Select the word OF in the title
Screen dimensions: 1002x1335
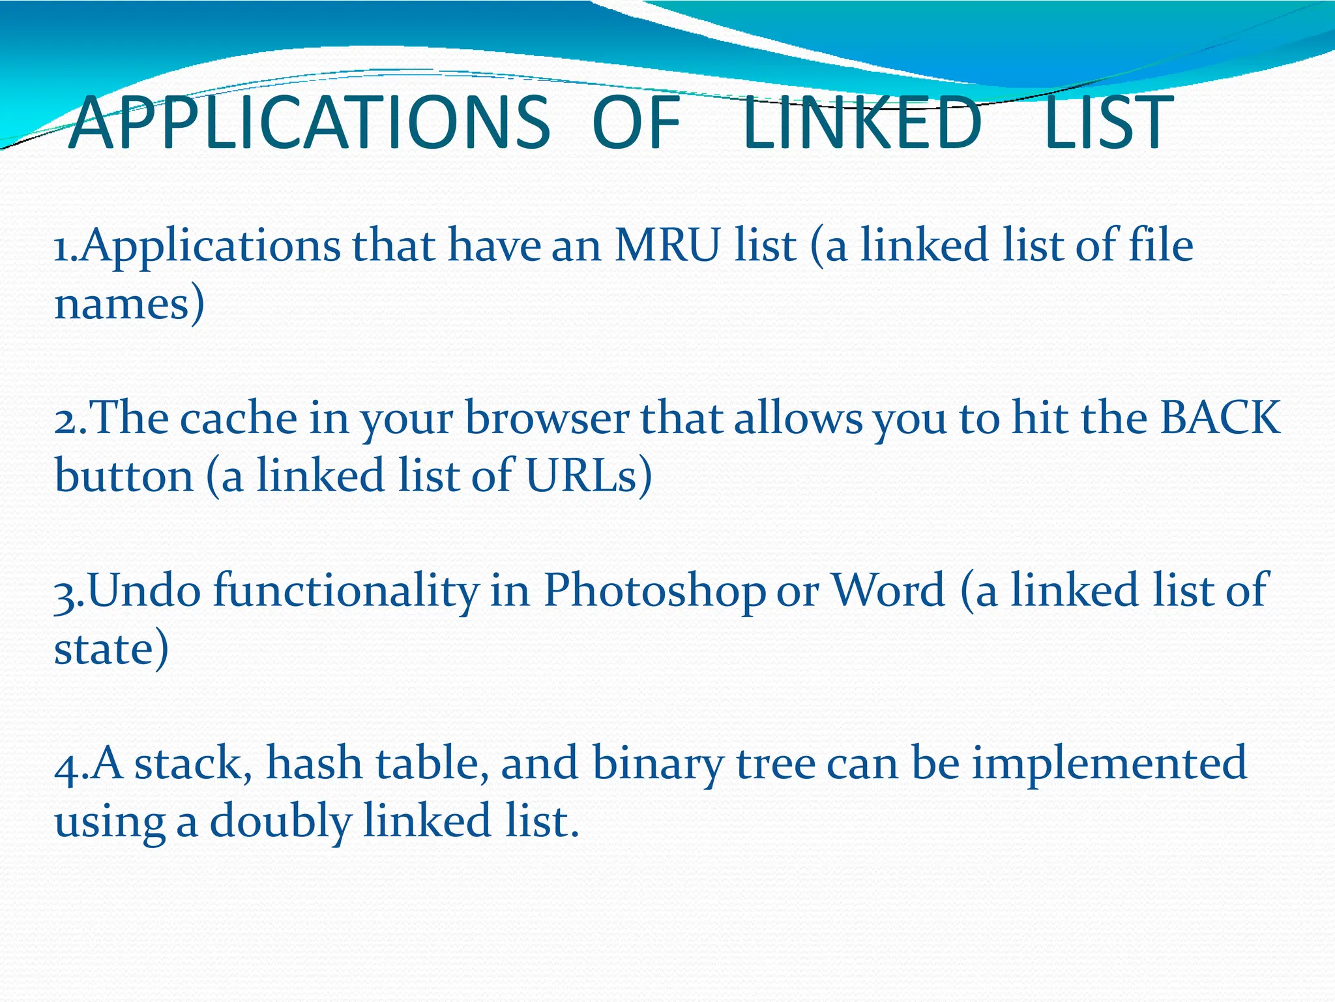pyautogui.click(x=636, y=123)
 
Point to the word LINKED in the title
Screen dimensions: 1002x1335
pyautogui.click(x=862, y=123)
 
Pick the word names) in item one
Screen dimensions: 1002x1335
pyautogui.click(x=129, y=304)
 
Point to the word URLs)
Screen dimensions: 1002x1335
pyautogui.click(x=588, y=476)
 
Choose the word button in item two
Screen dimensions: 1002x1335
pyautogui.click(x=124, y=476)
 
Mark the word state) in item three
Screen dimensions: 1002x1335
pyautogui.click(x=111, y=648)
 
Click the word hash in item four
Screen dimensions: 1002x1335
pyautogui.click(x=314, y=763)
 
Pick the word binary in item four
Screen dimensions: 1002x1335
pyautogui.click(x=658, y=763)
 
